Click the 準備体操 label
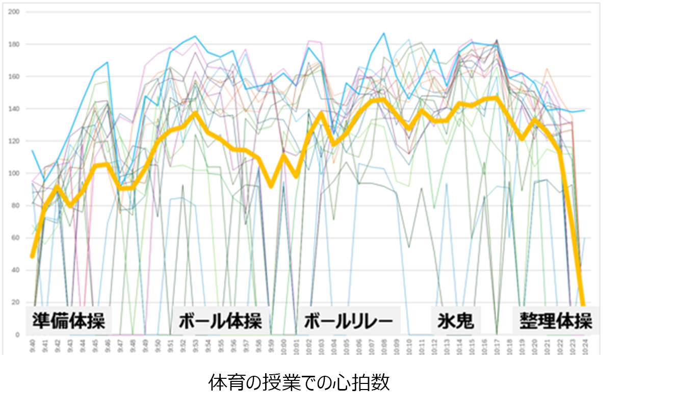click(68, 321)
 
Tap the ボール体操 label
click(220, 321)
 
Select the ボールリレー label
click(349, 321)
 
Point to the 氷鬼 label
click(455, 321)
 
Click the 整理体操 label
click(556, 321)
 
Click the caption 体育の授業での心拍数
click(299, 382)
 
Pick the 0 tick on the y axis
click(17, 335)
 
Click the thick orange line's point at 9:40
click(32, 256)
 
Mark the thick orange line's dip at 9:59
click(271, 186)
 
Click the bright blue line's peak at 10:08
click(384, 34)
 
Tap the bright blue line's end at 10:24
click(584, 110)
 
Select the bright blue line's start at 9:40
click(32, 150)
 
